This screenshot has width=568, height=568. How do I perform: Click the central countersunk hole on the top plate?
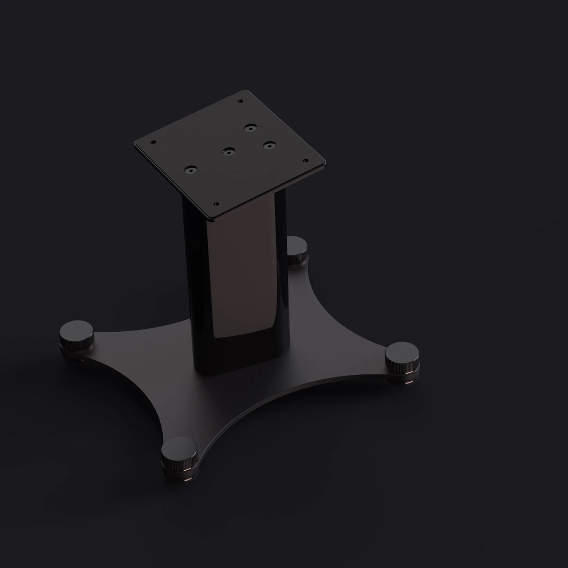tap(228, 151)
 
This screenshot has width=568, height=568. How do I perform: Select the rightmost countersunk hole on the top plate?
tap(268, 145)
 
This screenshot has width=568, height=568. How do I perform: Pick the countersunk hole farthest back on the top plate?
tap(252, 127)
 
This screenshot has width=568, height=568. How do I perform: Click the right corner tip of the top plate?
tap(326, 165)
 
